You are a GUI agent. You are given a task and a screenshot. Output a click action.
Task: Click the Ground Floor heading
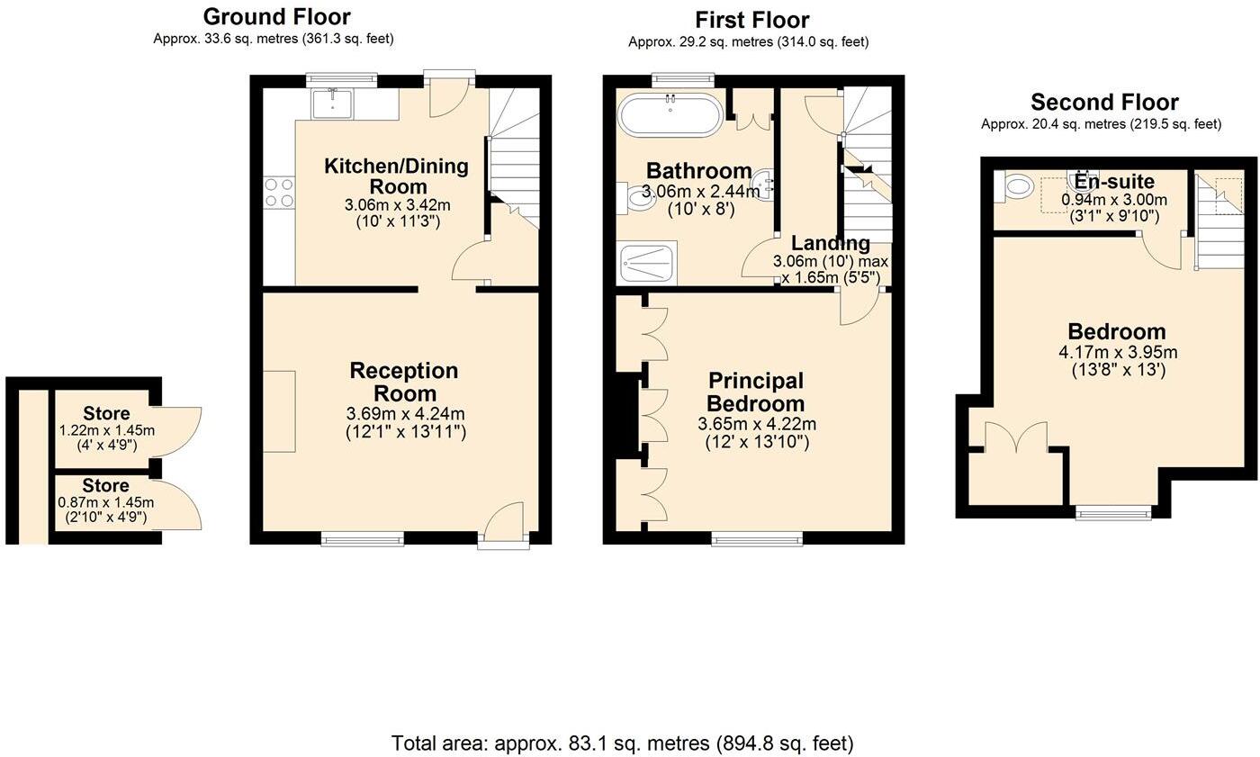click(x=276, y=16)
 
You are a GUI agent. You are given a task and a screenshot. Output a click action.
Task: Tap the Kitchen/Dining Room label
click(x=397, y=176)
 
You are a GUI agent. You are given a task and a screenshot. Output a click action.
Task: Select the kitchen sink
click(x=333, y=103)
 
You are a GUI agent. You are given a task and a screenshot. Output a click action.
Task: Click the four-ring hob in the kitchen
click(x=279, y=192)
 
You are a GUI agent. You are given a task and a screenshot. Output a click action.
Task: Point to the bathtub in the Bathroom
click(x=670, y=114)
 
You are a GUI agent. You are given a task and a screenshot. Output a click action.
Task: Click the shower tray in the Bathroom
click(x=647, y=263)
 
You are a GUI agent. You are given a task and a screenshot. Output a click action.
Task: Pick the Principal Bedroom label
click(x=755, y=392)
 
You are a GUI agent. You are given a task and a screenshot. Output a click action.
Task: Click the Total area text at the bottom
click(x=622, y=743)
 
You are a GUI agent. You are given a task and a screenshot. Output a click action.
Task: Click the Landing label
click(x=830, y=243)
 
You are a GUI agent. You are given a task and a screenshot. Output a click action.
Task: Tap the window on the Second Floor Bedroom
click(x=1114, y=513)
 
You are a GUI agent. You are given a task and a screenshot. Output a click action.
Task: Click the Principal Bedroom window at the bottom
click(x=757, y=539)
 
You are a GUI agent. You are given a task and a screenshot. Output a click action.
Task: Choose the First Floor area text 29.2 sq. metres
click(x=748, y=41)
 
